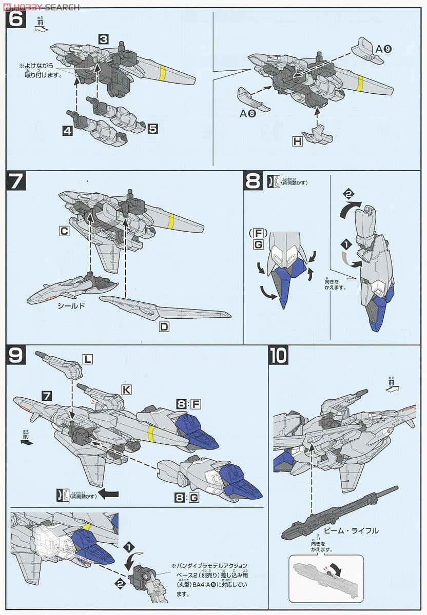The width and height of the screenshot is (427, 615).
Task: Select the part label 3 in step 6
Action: coord(104,39)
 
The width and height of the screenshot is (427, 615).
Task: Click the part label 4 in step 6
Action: coord(68,131)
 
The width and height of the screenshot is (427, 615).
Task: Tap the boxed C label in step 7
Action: coord(64,231)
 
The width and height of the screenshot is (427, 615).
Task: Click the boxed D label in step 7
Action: coord(164,326)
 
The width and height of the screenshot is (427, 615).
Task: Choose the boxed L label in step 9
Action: coord(88,360)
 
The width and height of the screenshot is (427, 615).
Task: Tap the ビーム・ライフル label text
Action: coord(352,530)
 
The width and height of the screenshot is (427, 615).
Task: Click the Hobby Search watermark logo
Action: coord(41,7)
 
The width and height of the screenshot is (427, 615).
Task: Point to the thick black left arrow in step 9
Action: coord(108,494)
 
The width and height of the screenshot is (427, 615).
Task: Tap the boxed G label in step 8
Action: coord(258,245)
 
